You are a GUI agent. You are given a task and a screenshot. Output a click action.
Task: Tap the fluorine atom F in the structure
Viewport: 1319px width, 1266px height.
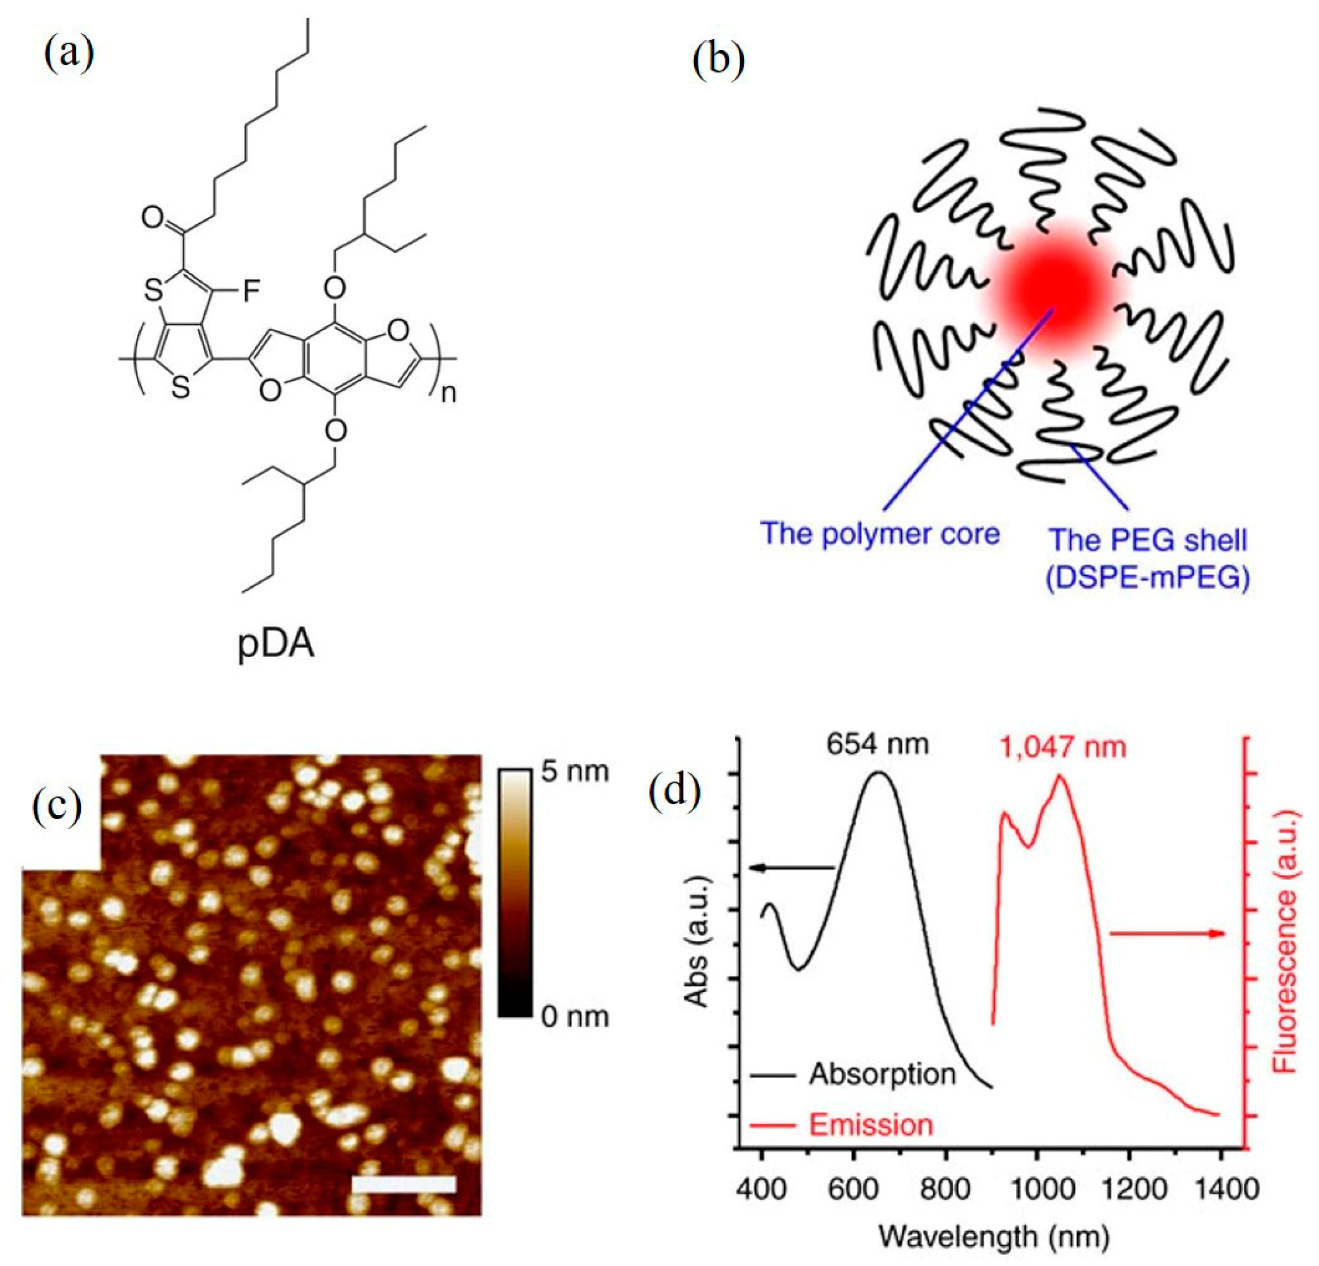coord(250,292)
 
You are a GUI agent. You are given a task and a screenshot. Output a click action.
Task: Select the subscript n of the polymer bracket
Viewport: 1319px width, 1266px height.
coord(448,393)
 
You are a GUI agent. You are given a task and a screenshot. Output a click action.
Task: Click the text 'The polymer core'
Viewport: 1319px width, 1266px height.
coord(880,534)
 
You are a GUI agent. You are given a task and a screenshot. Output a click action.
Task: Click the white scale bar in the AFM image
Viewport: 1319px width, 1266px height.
coord(404,1184)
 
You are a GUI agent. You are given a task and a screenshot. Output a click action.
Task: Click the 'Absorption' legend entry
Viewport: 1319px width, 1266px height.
coord(881,1074)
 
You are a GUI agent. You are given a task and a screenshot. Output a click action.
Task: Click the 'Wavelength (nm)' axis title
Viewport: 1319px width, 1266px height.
coord(994,1236)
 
